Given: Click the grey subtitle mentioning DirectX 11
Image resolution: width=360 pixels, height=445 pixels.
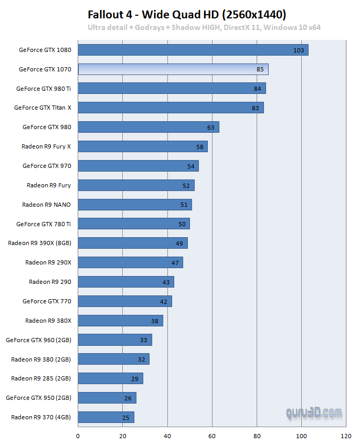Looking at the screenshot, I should [x=204, y=27].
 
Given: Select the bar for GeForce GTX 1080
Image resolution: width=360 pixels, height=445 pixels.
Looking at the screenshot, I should [x=193, y=50].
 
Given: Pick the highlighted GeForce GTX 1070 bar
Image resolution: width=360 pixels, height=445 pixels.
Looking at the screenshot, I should [x=173, y=69].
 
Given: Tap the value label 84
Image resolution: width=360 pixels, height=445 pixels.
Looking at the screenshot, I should [x=257, y=89].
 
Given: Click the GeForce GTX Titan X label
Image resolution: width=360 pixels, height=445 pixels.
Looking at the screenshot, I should [x=43, y=108].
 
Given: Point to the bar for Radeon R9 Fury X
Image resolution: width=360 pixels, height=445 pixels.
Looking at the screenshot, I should [x=143, y=146].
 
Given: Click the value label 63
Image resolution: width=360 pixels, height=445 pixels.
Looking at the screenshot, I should [x=210, y=128].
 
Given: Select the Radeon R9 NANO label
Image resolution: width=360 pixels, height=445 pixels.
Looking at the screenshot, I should [x=46, y=205].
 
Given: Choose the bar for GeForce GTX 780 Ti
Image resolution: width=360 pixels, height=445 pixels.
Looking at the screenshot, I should [x=134, y=224].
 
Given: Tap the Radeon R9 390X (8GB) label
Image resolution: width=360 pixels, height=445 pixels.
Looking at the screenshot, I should [x=39, y=243].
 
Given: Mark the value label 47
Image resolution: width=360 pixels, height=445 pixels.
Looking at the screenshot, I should [x=175, y=263].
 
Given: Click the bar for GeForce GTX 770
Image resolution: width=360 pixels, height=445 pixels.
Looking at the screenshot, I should [x=125, y=301].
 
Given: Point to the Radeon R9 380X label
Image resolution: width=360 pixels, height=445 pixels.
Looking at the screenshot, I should [x=48, y=320].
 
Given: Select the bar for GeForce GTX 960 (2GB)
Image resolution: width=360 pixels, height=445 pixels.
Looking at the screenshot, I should [x=115, y=340].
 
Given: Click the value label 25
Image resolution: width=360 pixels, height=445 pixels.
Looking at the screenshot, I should [x=125, y=418].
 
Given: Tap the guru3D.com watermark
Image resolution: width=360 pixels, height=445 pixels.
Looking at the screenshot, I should [x=314, y=414].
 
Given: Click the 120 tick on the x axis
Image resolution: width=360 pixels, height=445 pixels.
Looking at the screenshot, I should [x=346, y=436].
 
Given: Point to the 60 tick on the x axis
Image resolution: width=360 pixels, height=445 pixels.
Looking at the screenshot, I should [x=212, y=436].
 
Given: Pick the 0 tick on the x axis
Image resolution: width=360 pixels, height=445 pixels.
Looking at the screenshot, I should [x=78, y=436].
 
